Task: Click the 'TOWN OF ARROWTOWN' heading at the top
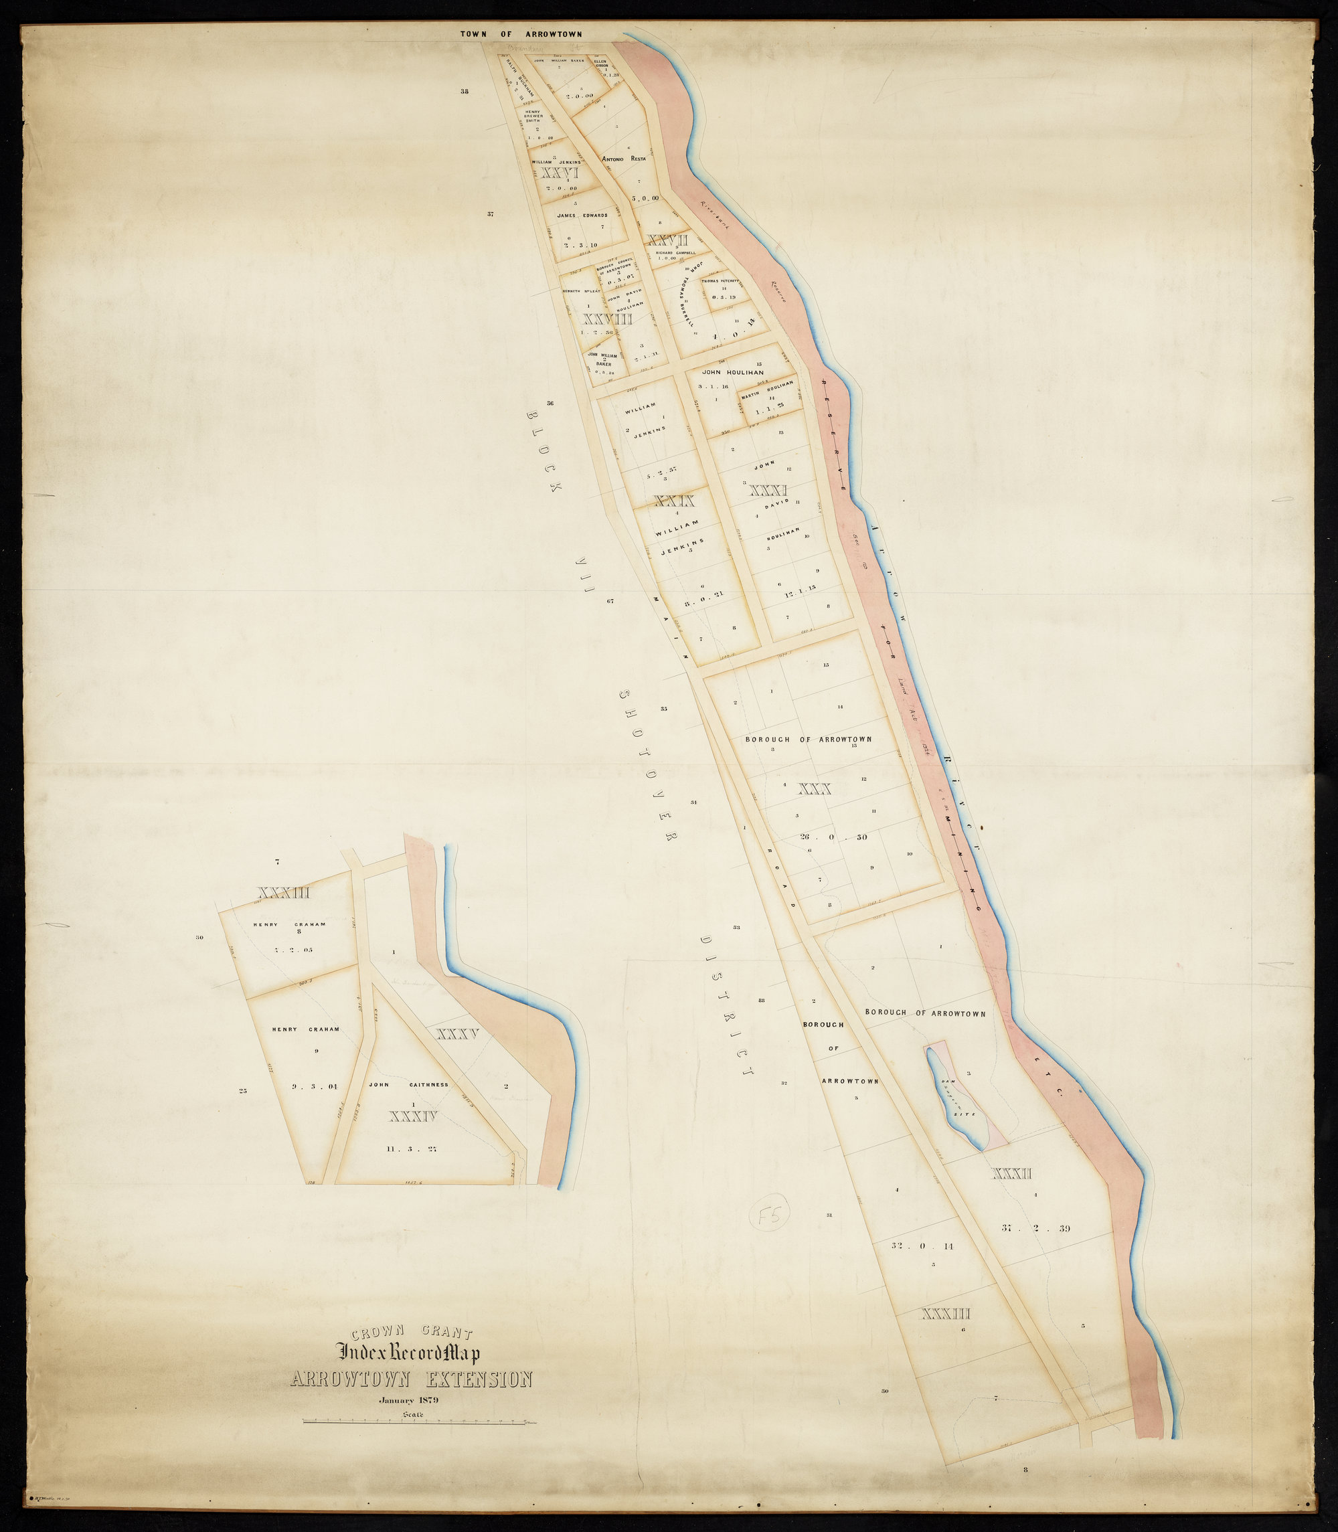tap(521, 33)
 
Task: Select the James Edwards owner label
tap(582, 215)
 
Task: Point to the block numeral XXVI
tap(560, 173)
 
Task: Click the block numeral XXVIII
tap(607, 319)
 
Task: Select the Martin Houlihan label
tap(767, 388)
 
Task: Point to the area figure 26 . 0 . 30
tap(833, 837)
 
